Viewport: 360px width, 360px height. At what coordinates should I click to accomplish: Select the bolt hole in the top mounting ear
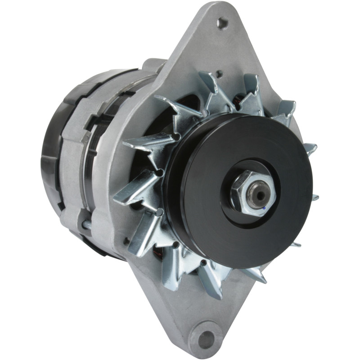click(x=221, y=22)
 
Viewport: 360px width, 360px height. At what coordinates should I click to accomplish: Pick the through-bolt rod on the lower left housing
click(x=85, y=223)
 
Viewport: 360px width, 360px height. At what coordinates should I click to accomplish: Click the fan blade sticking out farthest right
click(x=310, y=149)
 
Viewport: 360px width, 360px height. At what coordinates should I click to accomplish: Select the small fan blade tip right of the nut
click(x=315, y=197)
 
